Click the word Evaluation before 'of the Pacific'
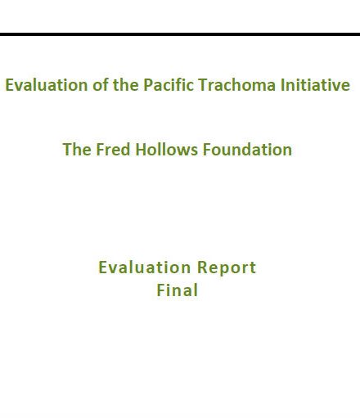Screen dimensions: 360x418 tap(47, 85)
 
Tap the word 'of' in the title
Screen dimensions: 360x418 tap(100, 84)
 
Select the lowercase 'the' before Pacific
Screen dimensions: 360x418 tap(126, 84)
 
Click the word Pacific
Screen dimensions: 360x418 tap(169, 84)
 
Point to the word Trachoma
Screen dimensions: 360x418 tap(236, 84)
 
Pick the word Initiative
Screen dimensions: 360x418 tap(315, 84)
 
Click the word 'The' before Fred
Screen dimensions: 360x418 tap(77, 150)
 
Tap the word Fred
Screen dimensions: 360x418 tap(113, 150)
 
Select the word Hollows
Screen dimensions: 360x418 tap(166, 150)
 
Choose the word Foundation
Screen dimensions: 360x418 tap(247, 150)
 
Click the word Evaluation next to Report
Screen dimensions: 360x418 tap(145, 267)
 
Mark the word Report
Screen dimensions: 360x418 tap(227, 267)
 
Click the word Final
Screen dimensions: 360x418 tap(178, 290)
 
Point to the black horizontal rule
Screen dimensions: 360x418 tap(180, 34)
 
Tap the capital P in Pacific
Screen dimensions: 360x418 tap(148, 85)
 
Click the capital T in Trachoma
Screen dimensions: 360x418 tap(203, 85)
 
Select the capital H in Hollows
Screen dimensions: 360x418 tap(141, 150)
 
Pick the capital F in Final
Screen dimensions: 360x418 tap(161, 290)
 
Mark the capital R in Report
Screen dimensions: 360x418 tap(202, 267)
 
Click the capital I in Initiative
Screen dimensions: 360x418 tap(282, 85)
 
